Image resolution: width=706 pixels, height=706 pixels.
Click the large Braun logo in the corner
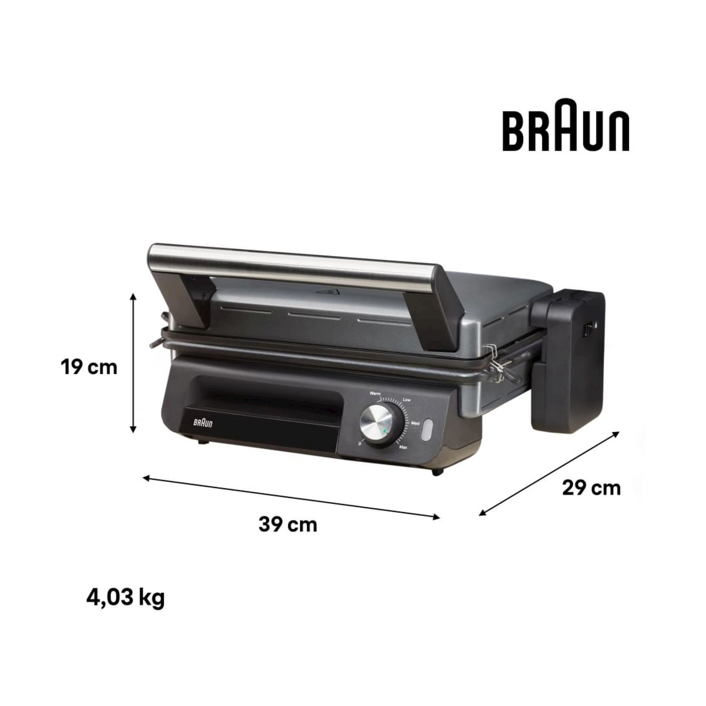coord(566,125)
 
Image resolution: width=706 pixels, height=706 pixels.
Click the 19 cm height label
coord(89,367)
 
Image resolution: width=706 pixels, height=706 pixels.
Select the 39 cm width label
coord(288,524)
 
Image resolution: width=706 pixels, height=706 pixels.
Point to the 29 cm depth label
coord(592,488)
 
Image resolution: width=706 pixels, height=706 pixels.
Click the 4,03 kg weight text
coord(126,598)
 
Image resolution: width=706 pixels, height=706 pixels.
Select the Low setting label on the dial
coord(407,400)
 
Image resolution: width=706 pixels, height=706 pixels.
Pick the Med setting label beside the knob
coord(415,424)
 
